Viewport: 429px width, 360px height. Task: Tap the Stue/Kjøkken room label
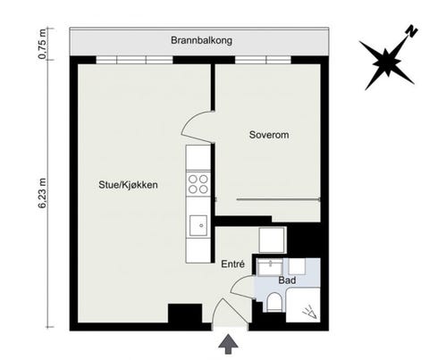tap(128, 186)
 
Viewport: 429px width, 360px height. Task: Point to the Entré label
tap(233, 264)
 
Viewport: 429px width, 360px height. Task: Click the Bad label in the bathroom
tap(287, 280)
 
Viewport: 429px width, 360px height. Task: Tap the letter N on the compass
tap(411, 29)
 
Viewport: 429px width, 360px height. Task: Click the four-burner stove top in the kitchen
tap(198, 185)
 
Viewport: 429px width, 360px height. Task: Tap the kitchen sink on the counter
tap(198, 224)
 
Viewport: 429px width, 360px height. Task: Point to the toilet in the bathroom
tap(273, 303)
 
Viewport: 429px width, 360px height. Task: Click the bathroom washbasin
tap(271, 266)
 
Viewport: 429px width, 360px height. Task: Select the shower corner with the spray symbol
tap(308, 311)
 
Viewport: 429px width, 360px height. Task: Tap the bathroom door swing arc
tap(240, 286)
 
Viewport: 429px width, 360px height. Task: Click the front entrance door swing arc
tap(224, 312)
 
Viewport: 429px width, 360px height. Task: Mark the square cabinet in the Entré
tap(273, 240)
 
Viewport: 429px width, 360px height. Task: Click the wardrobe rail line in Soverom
tap(277, 199)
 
